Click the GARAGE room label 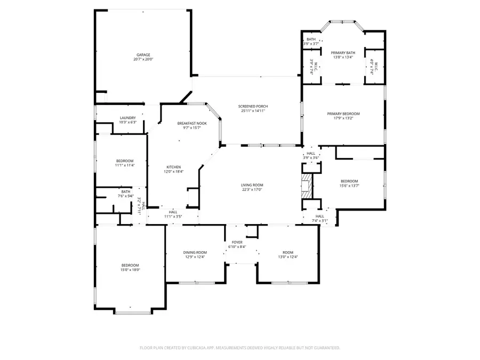143,54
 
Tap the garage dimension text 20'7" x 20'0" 143,59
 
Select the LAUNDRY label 127,118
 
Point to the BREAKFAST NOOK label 192,123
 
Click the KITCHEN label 173,167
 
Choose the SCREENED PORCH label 253,107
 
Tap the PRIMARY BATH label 343,52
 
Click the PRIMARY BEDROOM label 343,114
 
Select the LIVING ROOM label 252,185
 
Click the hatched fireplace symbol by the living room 307,185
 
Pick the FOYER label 236,242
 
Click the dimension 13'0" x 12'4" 288,257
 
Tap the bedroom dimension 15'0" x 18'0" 130,270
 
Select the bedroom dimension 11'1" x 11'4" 125,165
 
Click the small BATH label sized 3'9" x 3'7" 311,44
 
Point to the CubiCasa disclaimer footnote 239,348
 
